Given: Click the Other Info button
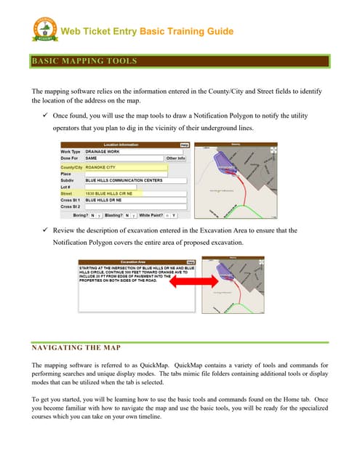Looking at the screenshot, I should (x=175, y=158).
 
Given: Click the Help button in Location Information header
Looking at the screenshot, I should (x=184, y=145).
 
